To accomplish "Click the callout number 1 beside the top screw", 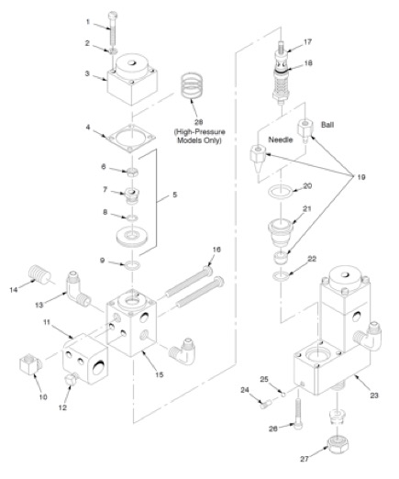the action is tap(88, 22).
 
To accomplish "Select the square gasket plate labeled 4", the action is tap(131, 139).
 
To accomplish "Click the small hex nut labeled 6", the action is tap(132, 173).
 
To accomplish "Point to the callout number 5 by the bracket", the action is tap(174, 195).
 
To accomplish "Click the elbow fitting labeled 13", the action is tap(78, 289).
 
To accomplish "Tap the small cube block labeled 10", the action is tap(29, 363).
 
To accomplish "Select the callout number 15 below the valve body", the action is tap(160, 374).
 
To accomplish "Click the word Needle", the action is tap(281, 139).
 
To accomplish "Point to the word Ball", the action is tap(327, 125).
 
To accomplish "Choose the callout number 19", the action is tap(361, 177).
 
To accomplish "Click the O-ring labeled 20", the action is tap(281, 192).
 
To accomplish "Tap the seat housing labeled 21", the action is tap(282, 233).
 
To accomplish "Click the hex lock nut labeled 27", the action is tap(338, 445).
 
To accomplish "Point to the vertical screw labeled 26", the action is tap(298, 414).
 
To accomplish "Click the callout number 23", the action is tap(374, 395).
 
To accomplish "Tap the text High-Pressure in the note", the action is tap(200, 132).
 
